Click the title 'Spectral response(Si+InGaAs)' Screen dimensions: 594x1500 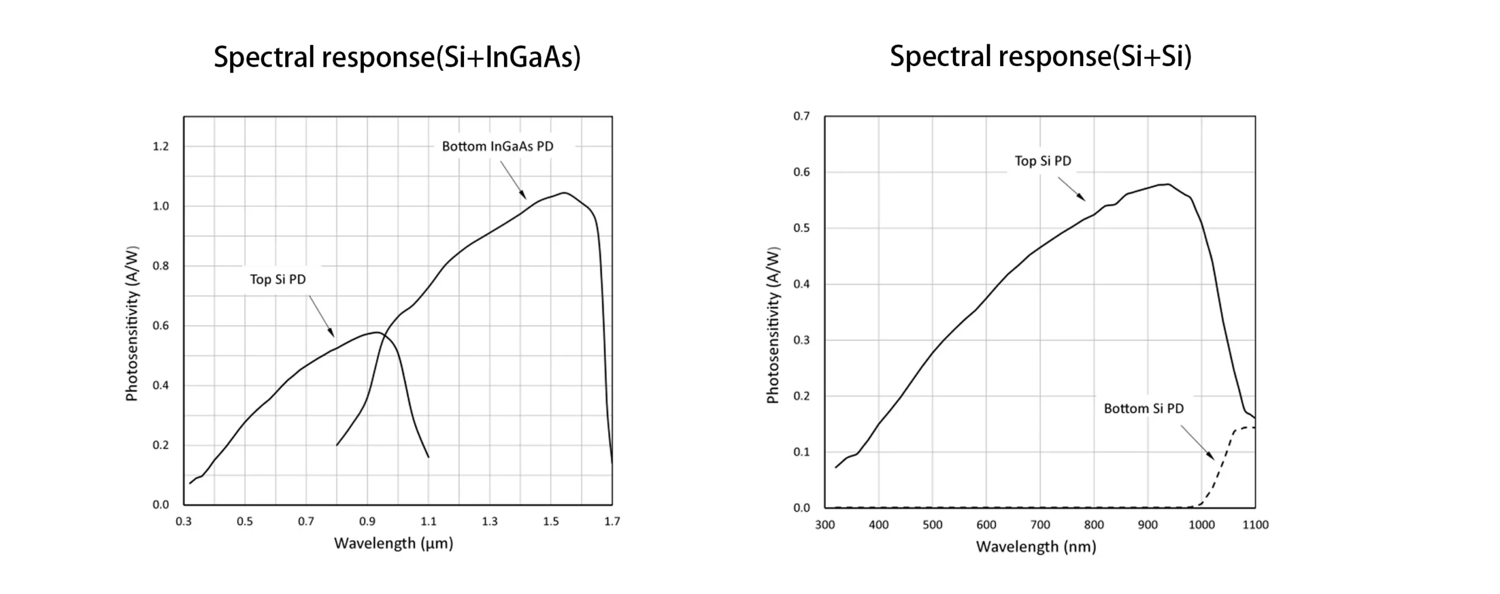pos(397,57)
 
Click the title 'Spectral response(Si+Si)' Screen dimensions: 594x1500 pos(1041,57)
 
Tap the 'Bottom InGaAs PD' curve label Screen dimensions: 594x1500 pos(497,146)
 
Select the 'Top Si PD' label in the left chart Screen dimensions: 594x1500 pos(278,279)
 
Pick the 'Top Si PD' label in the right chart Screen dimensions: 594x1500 pos(1043,161)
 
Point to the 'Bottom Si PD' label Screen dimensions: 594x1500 pos(1144,408)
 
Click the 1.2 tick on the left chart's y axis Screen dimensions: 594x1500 pos(161,146)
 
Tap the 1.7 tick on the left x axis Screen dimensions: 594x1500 pos(612,521)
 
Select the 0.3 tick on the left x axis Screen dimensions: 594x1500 pos(184,521)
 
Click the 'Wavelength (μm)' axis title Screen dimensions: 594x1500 pos(394,544)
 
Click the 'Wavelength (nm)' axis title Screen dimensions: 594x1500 pos(1036,547)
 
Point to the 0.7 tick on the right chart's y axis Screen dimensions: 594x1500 pos(802,116)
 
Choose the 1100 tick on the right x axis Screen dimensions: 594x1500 pos(1255,525)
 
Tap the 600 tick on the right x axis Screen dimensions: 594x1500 pos(986,525)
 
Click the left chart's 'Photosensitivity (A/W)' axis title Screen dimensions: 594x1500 pos(132,323)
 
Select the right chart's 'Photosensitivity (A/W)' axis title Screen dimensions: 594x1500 pos(773,325)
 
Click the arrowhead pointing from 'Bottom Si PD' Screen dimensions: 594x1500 pos(1212,458)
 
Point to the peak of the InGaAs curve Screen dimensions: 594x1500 pos(564,193)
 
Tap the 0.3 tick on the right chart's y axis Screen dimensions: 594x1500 pos(802,340)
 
